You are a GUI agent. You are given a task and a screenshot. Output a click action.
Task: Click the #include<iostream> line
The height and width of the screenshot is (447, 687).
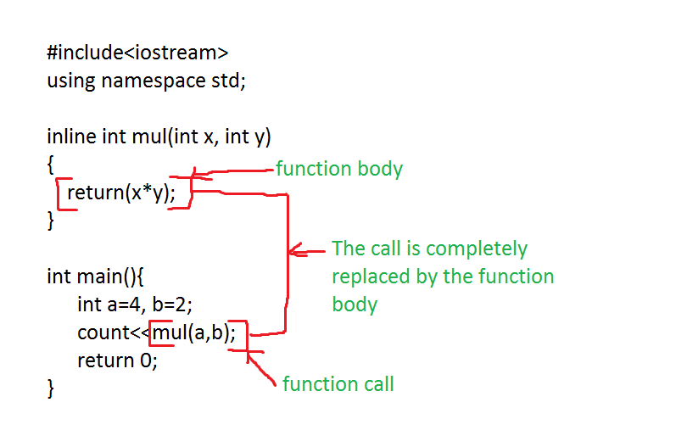137,53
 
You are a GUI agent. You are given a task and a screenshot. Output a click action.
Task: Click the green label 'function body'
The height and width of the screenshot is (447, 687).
338,169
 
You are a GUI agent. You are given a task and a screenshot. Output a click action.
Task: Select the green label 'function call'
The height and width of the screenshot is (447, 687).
338,384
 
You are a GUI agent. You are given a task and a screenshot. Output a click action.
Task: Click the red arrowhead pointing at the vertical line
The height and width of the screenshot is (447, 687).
295,250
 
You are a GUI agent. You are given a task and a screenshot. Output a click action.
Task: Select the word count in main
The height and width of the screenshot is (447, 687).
101,332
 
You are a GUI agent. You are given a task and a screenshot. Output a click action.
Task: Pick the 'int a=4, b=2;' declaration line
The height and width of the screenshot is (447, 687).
140,305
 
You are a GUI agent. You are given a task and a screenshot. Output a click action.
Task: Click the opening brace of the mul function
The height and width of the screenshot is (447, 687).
51,165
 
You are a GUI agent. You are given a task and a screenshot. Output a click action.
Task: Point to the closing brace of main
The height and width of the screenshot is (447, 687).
51,388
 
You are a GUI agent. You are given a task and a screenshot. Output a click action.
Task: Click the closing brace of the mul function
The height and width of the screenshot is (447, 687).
51,221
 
